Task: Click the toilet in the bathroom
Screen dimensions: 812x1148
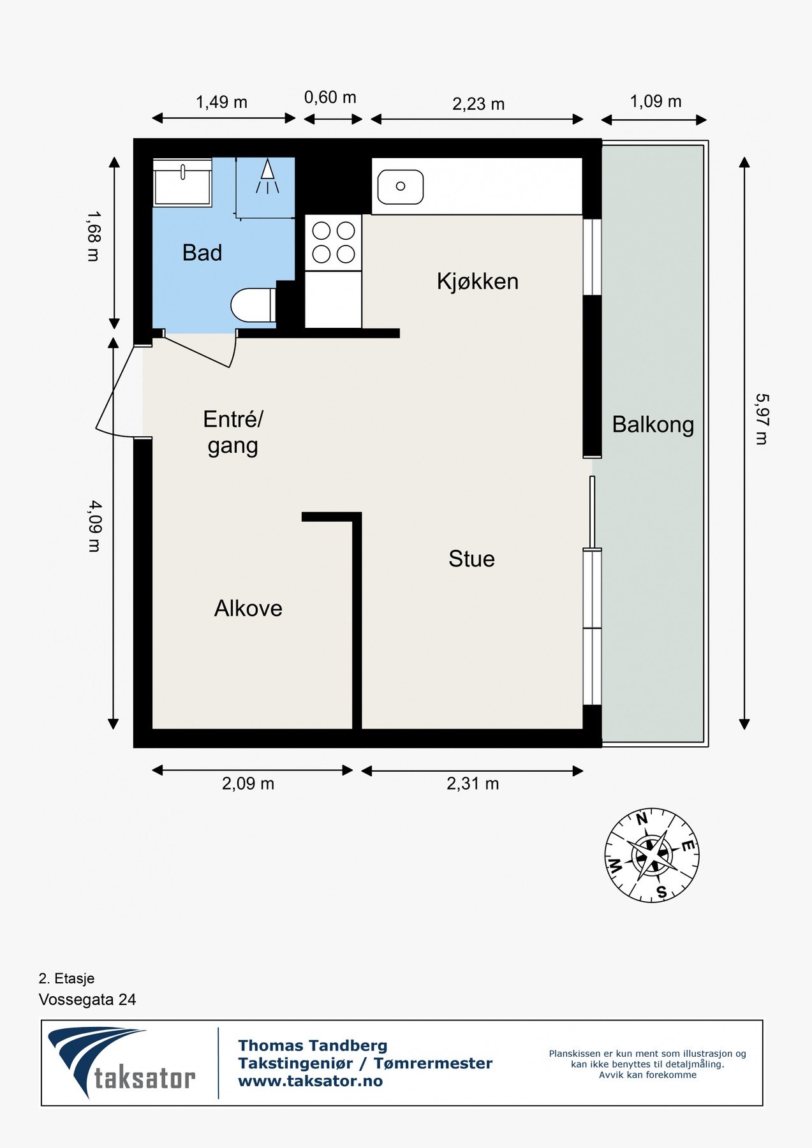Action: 253,305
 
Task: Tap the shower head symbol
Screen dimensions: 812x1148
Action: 268,176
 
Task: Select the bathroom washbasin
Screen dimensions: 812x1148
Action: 182,182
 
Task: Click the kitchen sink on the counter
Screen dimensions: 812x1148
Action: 401,186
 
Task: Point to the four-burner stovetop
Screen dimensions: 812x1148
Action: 333,242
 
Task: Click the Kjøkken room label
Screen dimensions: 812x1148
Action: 477,281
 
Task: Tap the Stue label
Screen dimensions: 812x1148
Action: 471,559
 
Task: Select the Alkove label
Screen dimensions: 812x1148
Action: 248,608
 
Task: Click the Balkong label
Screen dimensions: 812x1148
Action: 653,425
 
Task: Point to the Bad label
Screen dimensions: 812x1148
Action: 202,253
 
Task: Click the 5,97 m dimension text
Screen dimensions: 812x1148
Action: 761,418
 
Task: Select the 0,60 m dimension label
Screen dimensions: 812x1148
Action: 330,98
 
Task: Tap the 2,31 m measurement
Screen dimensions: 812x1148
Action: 473,784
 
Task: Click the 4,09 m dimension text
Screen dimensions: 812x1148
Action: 94,526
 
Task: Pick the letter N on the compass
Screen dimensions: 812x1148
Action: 642,820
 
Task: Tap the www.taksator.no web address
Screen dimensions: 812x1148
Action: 310,1081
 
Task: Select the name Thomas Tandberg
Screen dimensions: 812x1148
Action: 313,1045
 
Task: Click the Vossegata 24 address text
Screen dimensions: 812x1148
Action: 87,999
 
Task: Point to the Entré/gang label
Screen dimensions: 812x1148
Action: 233,432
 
